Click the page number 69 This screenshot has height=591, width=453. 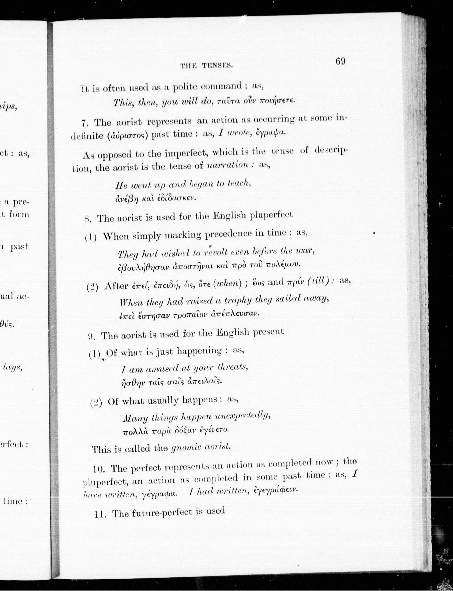340,61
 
